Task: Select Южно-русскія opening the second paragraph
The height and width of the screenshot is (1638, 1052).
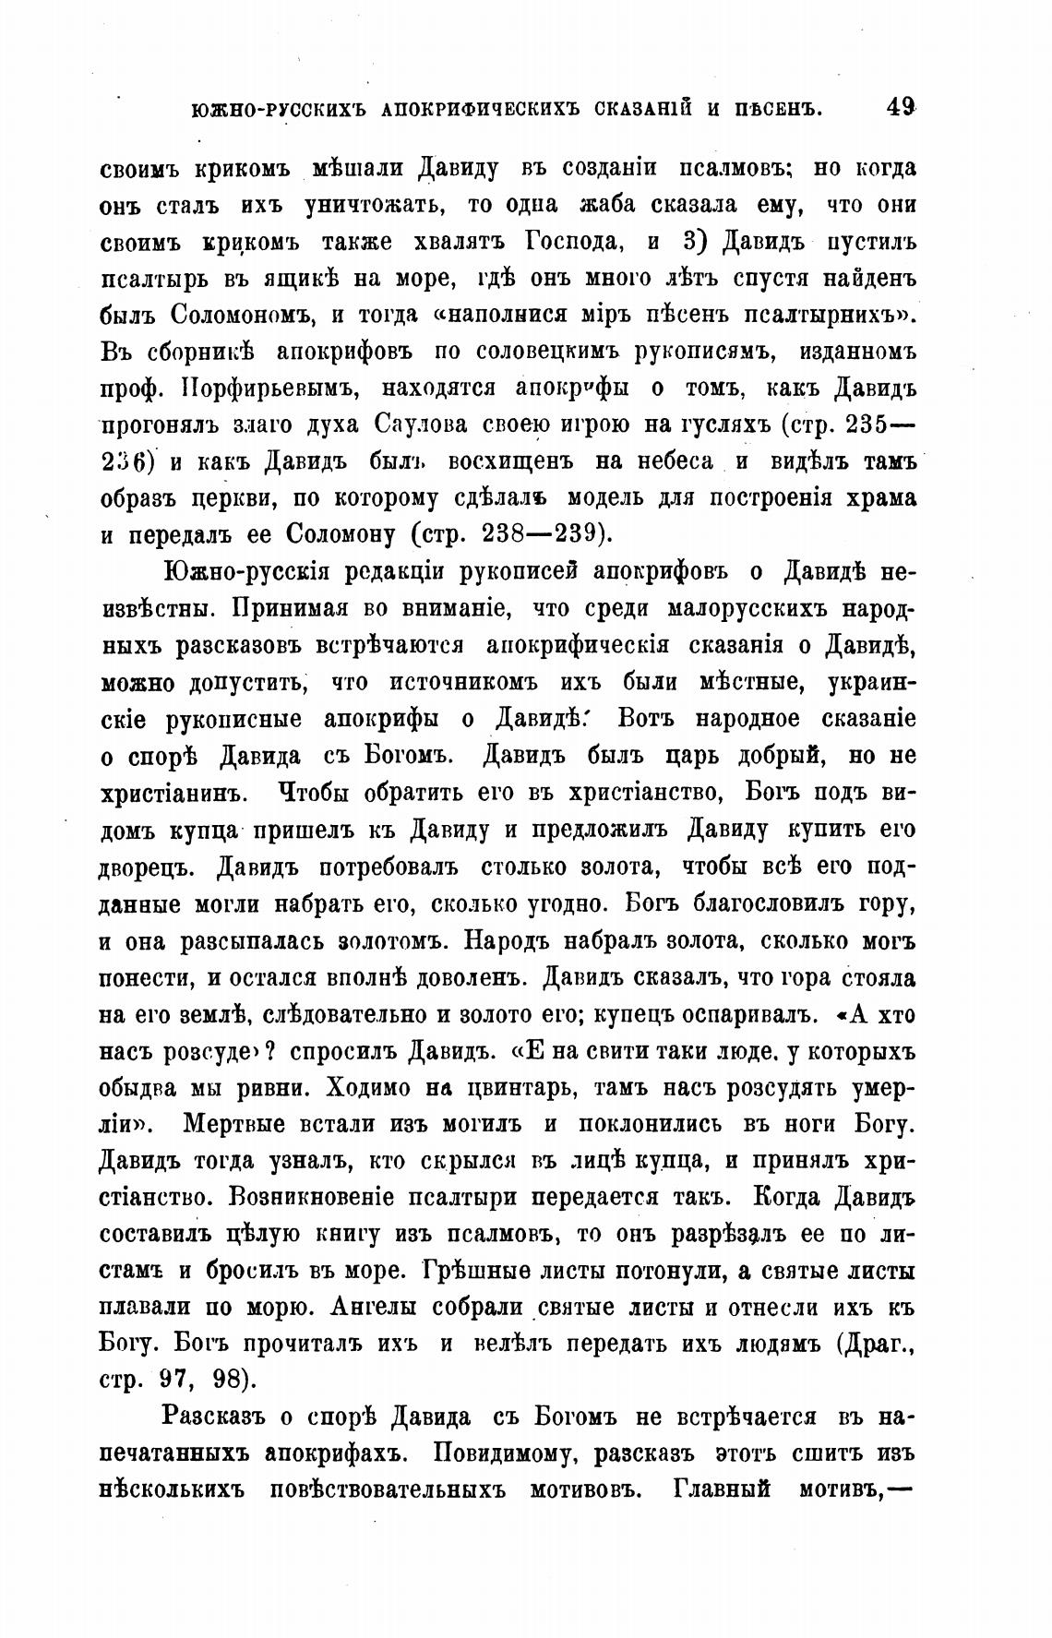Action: click(x=247, y=573)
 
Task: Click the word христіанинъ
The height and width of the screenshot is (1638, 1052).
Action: click(x=170, y=794)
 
